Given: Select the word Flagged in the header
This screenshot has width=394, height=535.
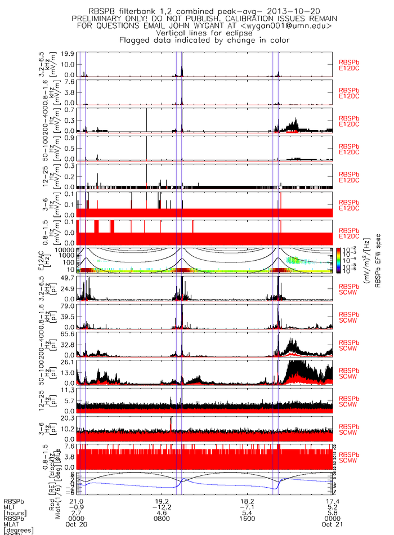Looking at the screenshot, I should coord(137,40).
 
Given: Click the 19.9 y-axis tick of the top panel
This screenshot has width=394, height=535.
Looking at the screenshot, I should coord(68,54).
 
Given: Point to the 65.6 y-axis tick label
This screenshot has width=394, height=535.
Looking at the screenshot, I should coord(68,334).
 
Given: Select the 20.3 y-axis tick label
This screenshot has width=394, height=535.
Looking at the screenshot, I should coord(68,418).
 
